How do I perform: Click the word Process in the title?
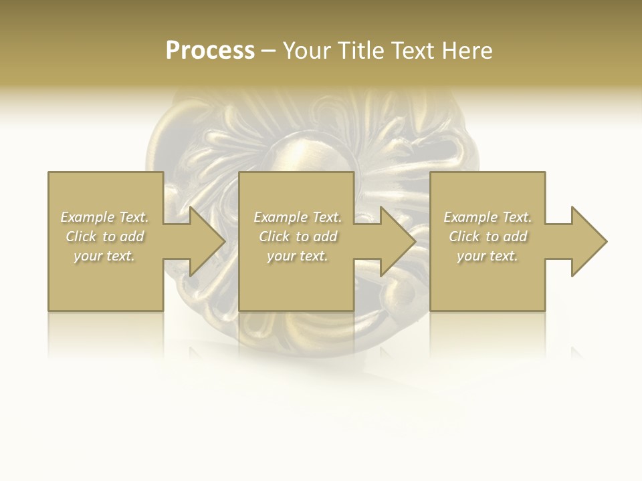point(210,51)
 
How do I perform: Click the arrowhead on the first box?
point(205,241)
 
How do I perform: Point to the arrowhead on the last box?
point(587,241)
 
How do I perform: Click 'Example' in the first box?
point(88,217)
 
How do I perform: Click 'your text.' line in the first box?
point(104,256)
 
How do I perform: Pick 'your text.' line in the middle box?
point(297,256)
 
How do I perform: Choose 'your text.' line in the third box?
point(488,256)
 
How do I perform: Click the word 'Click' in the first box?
point(81,236)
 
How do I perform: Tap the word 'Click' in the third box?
point(464,236)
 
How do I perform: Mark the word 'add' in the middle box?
point(325,236)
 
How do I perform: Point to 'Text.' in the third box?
point(517,217)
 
